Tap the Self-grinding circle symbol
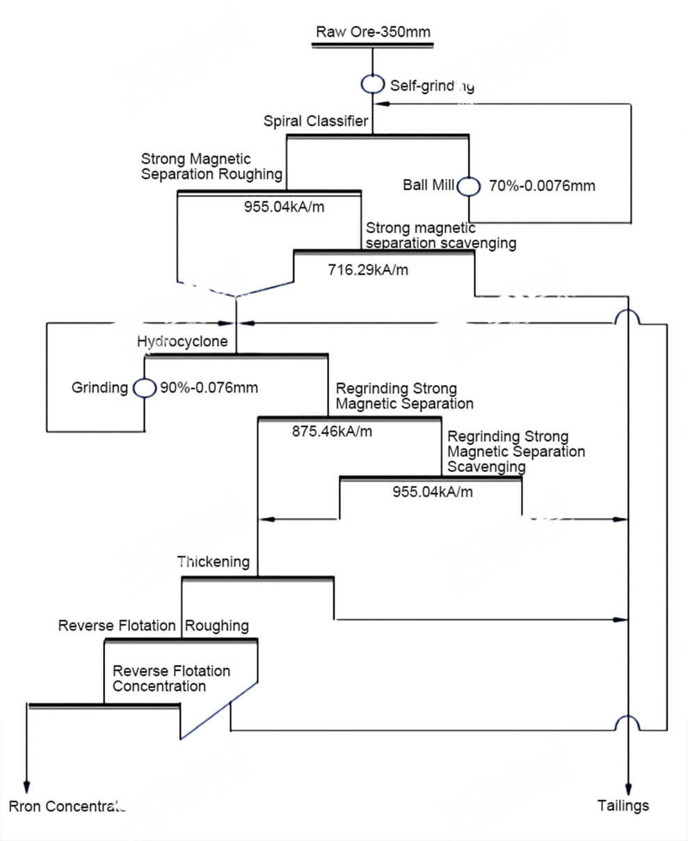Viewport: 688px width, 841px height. click(x=372, y=84)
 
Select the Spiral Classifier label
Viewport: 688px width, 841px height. click(x=315, y=121)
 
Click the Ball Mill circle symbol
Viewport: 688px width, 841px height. click(x=468, y=186)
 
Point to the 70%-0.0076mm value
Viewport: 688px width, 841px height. click(x=542, y=186)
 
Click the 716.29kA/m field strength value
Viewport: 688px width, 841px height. click(x=368, y=270)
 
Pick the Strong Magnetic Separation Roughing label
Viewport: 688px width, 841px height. click(x=211, y=167)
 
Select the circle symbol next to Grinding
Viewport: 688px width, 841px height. click(x=145, y=388)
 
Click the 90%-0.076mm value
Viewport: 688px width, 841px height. click(x=209, y=388)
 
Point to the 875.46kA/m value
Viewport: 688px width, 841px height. click(x=332, y=432)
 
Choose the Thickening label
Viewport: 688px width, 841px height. click(x=214, y=562)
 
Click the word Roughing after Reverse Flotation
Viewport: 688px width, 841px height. click(x=217, y=626)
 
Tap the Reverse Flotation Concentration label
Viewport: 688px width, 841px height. click(x=171, y=679)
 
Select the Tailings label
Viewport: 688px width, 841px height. click(x=623, y=805)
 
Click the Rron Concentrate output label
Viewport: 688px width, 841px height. click(x=66, y=807)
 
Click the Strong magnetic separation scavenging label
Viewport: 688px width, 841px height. click(x=441, y=235)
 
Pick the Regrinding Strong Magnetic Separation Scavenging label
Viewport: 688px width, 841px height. click(x=515, y=452)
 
